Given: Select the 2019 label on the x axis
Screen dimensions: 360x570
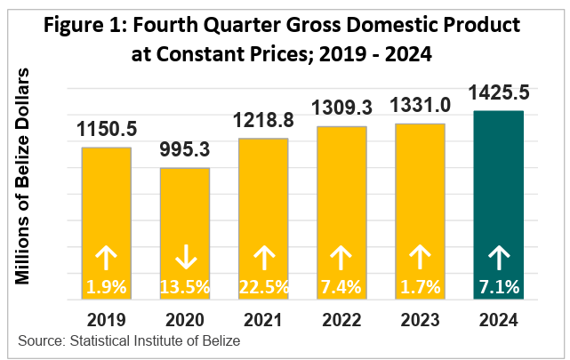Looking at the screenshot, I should [x=107, y=318].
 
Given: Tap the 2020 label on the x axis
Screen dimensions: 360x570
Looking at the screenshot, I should [x=185, y=318].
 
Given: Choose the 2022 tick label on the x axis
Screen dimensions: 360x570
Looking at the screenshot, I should [x=341, y=318].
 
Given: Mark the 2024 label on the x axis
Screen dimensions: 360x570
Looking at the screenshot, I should [x=498, y=318].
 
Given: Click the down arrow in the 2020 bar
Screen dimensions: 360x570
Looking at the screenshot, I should [x=185, y=258].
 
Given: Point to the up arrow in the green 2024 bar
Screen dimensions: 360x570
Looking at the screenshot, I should [x=498, y=258].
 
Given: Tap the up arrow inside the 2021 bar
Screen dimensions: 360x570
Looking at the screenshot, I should [x=263, y=258].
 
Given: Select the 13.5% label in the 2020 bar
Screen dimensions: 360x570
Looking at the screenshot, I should [x=185, y=287].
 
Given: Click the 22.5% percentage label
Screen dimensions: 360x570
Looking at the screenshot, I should [x=263, y=287].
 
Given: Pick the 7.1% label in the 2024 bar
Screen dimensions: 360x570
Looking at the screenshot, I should [x=498, y=287].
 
